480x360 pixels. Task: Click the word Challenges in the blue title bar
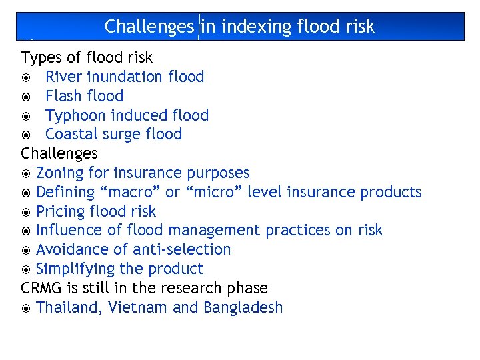(149, 27)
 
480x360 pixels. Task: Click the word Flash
(64, 96)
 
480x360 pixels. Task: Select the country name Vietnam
(138, 307)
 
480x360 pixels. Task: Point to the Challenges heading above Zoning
(59, 154)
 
